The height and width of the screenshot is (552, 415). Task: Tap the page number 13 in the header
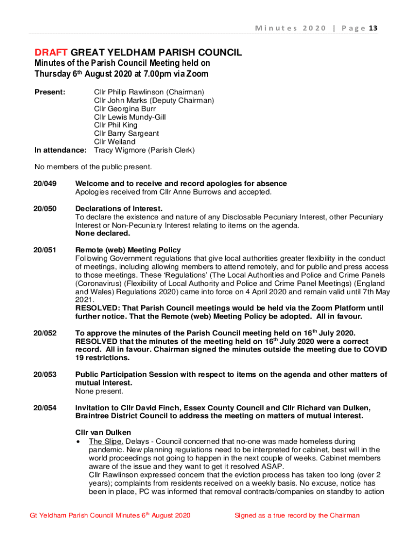tap(372, 28)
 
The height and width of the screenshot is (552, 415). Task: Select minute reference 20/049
tap(45, 184)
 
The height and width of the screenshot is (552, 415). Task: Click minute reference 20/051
tap(45, 250)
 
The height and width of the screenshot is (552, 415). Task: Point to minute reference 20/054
tap(45, 408)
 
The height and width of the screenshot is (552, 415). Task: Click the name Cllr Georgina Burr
tap(125, 109)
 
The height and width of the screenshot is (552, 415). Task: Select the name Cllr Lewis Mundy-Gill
tap(130, 117)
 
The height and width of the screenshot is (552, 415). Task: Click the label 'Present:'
tap(50, 92)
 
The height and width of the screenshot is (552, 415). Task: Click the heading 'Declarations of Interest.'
tap(119, 209)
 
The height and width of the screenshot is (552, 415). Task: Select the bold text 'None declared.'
tap(103, 233)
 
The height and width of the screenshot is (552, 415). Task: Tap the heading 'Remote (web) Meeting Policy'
tap(128, 250)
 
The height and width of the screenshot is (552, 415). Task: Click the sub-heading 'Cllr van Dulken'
tap(103, 432)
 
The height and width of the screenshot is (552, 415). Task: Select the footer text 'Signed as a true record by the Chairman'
tap(296, 515)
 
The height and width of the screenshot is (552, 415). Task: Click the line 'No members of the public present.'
tap(93, 167)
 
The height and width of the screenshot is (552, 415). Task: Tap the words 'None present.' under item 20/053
tap(99, 391)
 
